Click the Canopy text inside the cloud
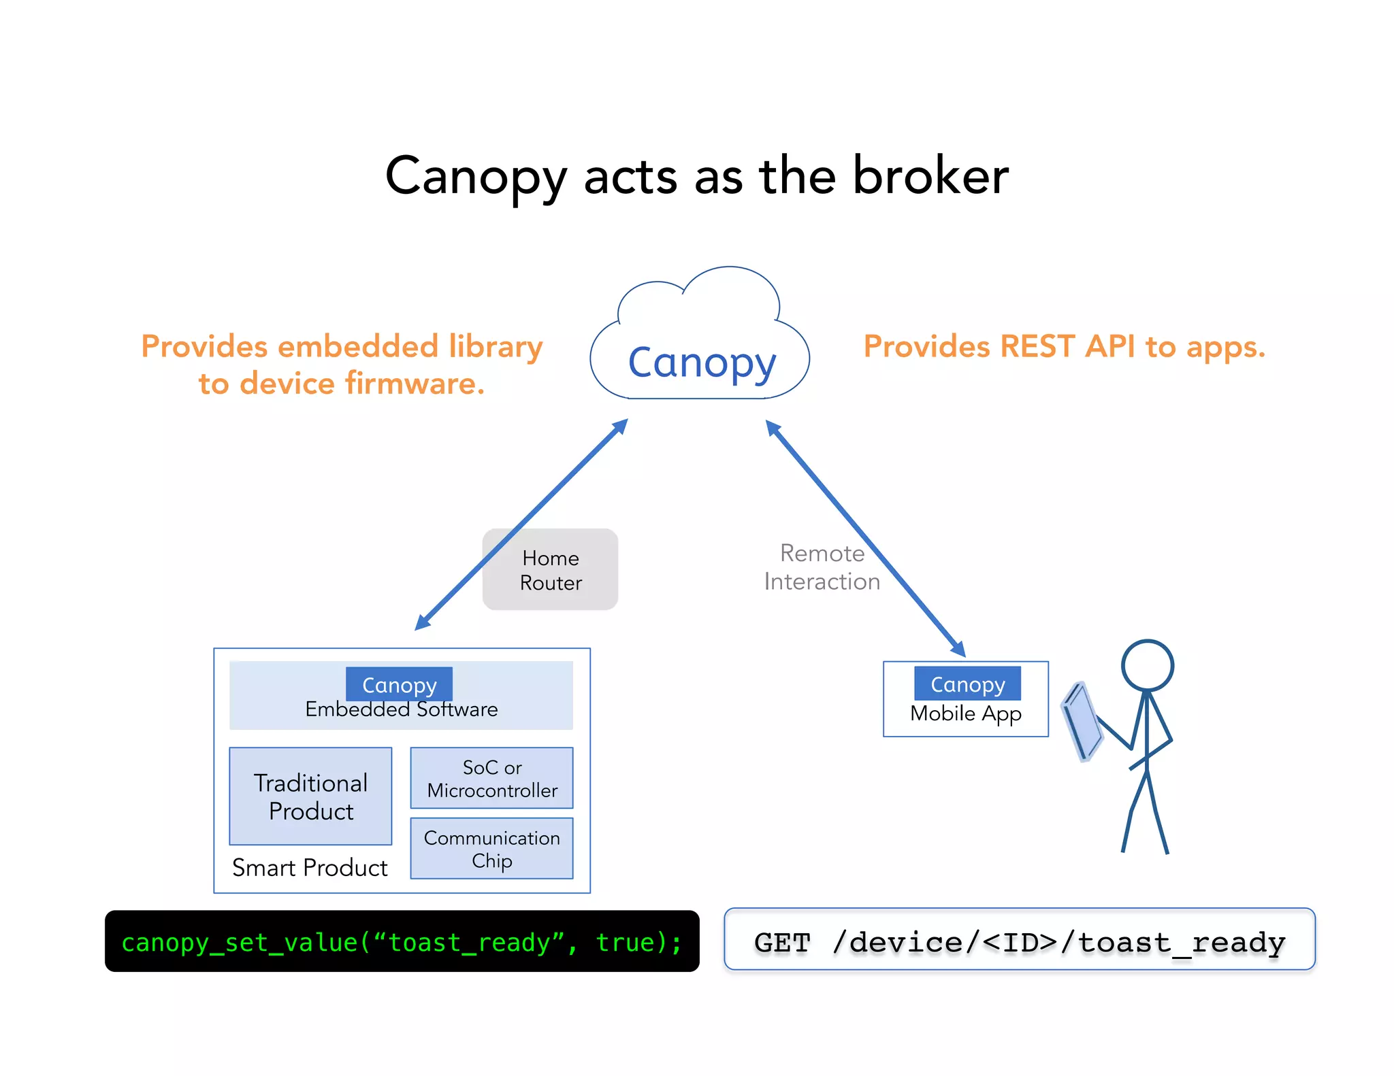pyautogui.click(x=701, y=363)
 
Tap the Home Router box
pyautogui.click(x=550, y=570)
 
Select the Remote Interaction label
pyautogui.click(x=822, y=567)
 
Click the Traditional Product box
pyautogui.click(x=310, y=796)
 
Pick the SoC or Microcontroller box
pyautogui.click(x=491, y=778)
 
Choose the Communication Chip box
pyautogui.click(x=491, y=849)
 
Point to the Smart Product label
pyautogui.click(x=310, y=868)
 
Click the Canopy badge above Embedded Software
pyautogui.click(x=399, y=684)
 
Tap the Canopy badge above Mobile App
pyautogui.click(x=967, y=684)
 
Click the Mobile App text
pyautogui.click(x=965, y=713)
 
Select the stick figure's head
pyautogui.click(x=1148, y=665)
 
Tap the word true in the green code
pyautogui.click(x=624, y=943)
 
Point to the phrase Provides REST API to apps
pyautogui.click(x=1064, y=346)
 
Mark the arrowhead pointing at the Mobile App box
pyautogui.click(x=958, y=649)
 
